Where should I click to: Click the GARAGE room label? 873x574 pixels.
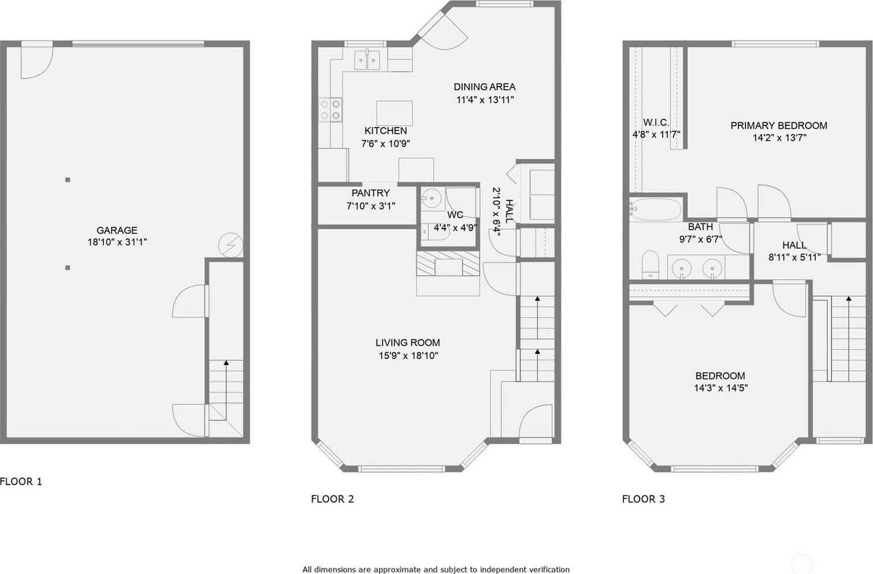[x=117, y=230]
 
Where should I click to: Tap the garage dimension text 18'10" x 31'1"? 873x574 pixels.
[x=117, y=242]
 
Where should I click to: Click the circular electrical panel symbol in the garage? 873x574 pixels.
[x=231, y=245]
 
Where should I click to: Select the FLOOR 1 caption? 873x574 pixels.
[x=21, y=482]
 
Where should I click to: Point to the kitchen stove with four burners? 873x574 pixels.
[x=330, y=110]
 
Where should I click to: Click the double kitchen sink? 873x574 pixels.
[x=367, y=61]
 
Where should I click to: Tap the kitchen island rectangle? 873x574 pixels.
[x=395, y=113]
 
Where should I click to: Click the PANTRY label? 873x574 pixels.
[x=371, y=193]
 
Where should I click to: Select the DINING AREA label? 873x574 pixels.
[x=484, y=87]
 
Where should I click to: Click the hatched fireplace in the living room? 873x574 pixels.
[x=448, y=264]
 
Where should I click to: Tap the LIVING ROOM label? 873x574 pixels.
[x=408, y=342]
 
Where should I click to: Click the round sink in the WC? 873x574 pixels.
[x=432, y=199]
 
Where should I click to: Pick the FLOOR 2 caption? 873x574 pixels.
[x=332, y=499]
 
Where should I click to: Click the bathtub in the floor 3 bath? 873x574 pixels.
[x=656, y=210]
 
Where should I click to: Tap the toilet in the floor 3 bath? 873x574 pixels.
[x=650, y=264]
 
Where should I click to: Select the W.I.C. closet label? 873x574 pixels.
[x=656, y=122]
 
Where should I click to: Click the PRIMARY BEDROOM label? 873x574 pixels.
[x=779, y=126]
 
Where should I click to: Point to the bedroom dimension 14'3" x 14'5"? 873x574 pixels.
[x=720, y=388]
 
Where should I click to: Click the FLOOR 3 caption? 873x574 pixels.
[x=644, y=499]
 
